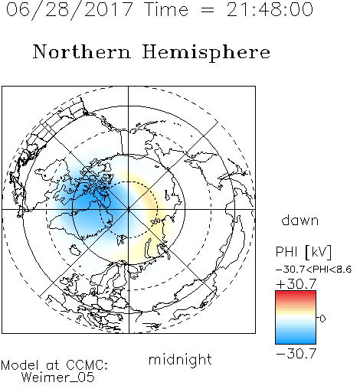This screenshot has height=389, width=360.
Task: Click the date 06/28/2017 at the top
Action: click(x=69, y=10)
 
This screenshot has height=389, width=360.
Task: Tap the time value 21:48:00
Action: click(x=270, y=10)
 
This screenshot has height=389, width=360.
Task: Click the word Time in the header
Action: click(x=166, y=10)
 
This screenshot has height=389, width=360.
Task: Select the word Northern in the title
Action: click(x=82, y=52)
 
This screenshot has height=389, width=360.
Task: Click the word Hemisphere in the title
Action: click(x=206, y=53)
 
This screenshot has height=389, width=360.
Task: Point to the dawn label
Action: click(x=300, y=221)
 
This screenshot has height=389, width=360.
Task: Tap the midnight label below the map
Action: click(x=180, y=360)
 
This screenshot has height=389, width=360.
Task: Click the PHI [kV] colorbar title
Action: click(x=303, y=252)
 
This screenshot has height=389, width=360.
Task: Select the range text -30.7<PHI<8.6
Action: click(x=314, y=270)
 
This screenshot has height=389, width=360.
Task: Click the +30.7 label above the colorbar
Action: click(x=296, y=284)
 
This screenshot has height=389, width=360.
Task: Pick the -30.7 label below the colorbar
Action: click(x=296, y=354)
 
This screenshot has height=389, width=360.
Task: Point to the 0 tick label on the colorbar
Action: click(x=322, y=319)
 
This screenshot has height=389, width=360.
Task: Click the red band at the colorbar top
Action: click(x=296, y=294)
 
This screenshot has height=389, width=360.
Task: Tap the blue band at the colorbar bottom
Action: click(x=296, y=340)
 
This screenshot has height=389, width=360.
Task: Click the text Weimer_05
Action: click(x=57, y=378)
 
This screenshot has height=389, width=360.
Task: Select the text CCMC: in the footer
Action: click(x=87, y=365)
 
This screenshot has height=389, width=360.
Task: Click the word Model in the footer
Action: click(x=20, y=365)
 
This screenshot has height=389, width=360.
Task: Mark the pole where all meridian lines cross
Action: click(x=128, y=210)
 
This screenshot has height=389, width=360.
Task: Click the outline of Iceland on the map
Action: click(x=76, y=250)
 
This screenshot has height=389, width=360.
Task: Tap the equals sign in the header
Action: click(x=208, y=10)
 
